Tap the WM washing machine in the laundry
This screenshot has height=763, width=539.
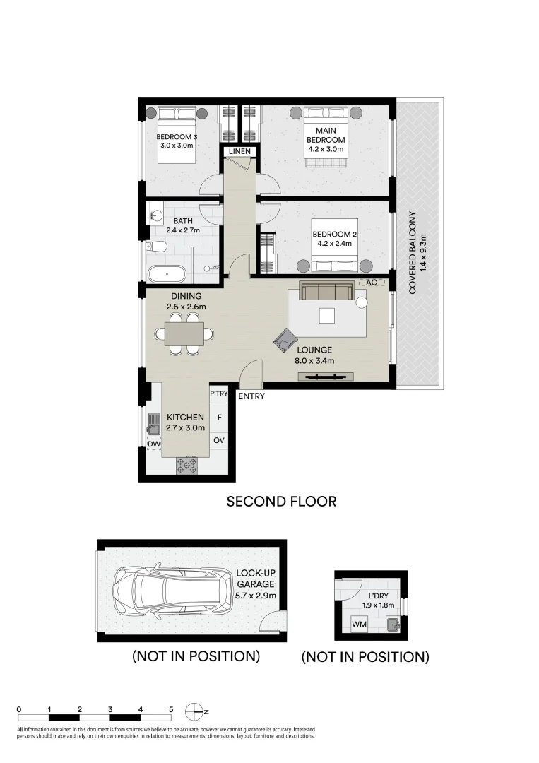(359, 624)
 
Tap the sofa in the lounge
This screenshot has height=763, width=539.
(326, 291)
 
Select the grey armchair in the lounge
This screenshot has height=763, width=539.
(285, 341)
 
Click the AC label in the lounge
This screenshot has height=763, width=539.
(369, 283)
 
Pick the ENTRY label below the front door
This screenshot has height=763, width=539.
(251, 396)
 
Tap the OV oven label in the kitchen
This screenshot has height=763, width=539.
(219, 440)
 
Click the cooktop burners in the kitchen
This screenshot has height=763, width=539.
(187, 464)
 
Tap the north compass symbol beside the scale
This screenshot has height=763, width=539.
(194, 711)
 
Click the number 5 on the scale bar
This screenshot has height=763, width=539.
(171, 709)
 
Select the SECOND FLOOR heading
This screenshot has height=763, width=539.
(280, 502)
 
